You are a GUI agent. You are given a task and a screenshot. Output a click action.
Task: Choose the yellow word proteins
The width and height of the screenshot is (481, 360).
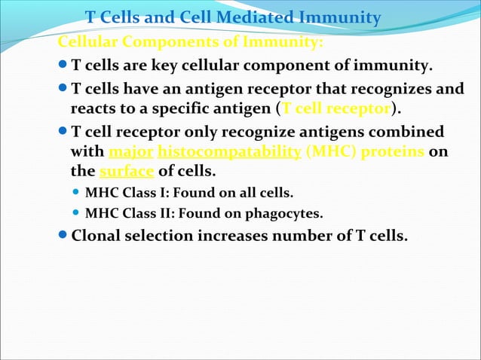point(393,151)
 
